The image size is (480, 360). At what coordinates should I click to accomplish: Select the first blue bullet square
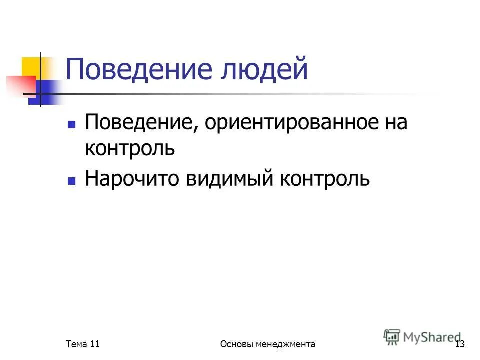(71, 123)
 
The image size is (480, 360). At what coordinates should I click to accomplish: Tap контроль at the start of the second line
(130, 149)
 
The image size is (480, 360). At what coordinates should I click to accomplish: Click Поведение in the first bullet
(141, 123)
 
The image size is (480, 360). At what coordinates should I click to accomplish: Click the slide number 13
(460, 344)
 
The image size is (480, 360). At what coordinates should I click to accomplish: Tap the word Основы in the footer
(237, 344)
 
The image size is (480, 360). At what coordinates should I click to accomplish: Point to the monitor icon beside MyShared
(392, 337)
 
